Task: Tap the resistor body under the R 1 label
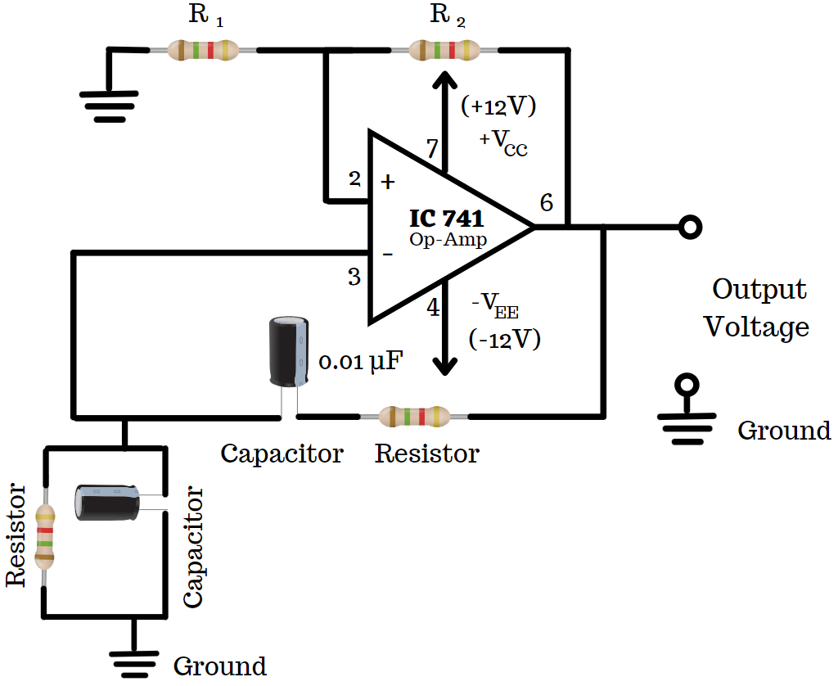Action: [x=203, y=50]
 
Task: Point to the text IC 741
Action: [x=446, y=219]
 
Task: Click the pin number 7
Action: [x=432, y=149]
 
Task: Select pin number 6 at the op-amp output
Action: [x=546, y=203]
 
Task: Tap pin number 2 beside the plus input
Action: [x=354, y=178]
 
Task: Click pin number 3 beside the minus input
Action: [x=354, y=277]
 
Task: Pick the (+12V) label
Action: [x=498, y=107]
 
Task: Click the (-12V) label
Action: [x=504, y=339]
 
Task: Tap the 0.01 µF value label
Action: [x=360, y=362]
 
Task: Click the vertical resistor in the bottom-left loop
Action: [x=46, y=537]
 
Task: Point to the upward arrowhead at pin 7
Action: [x=444, y=82]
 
